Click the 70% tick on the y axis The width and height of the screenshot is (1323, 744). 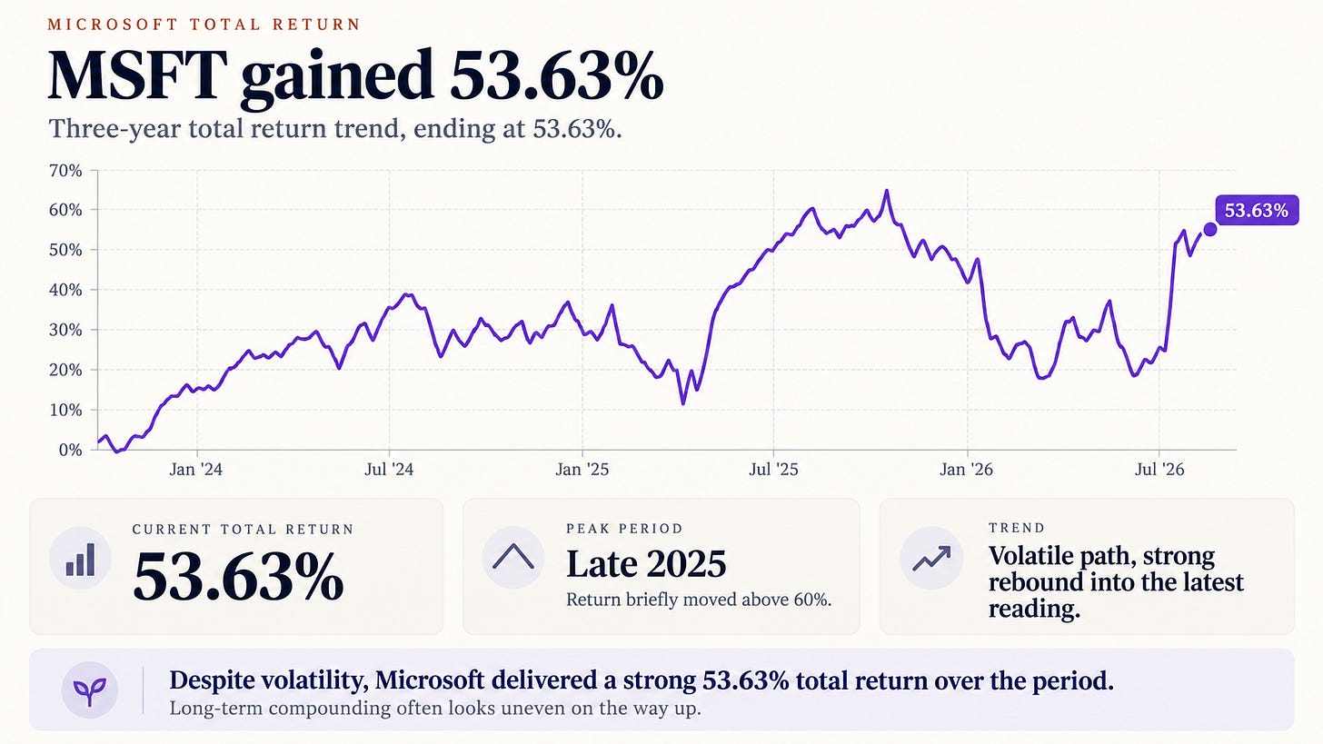tap(65, 171)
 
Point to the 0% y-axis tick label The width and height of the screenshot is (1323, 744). tap(70, 450)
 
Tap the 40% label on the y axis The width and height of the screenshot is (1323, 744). tap(65, 291)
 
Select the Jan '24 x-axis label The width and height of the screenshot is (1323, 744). tap(196, 470)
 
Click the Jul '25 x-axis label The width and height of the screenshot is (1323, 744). tap(774, 470)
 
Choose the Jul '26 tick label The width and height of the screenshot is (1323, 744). tap(1159, 470)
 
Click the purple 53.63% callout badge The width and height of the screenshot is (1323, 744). tap(1257, 210)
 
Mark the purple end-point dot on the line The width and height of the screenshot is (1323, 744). tap(1209, 230)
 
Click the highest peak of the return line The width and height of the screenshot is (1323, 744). tap(887, 192)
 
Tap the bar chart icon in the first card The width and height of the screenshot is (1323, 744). tap(80, 560)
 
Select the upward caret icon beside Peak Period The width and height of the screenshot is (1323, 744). tap(512, 557)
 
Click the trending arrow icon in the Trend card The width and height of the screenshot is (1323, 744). tap(931, 558)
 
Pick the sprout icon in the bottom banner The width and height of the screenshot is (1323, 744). tap(89, 689)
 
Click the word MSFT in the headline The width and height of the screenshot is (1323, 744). tap(137, 76)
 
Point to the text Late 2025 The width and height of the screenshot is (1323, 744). tap(646, 564)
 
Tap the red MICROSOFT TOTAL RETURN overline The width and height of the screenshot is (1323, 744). tap(204, 25)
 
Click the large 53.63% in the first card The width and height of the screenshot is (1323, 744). tap(238, 576)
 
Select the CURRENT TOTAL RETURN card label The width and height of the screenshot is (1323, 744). tap(243, 529)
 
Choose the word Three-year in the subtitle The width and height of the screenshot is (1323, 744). tap(114, 129)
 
